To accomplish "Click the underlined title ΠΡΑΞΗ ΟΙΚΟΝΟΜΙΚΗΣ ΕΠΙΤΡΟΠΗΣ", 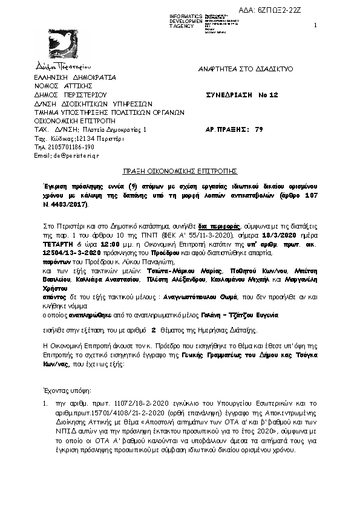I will [180, 172].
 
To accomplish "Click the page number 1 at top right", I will [316, 25].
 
